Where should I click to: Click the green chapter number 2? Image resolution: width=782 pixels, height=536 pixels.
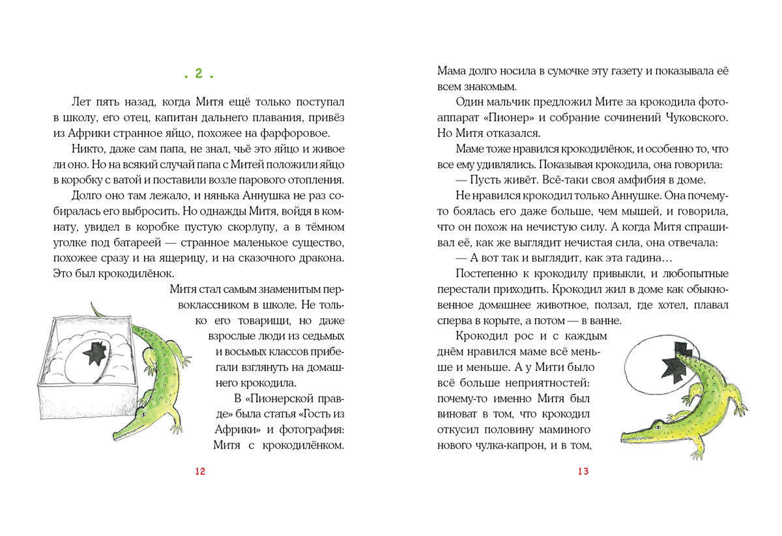(x=199, y=74)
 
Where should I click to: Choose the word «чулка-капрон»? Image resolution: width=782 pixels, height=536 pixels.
(x=529, y=446)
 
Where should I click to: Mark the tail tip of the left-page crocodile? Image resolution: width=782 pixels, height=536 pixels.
(x=92, y=303)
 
